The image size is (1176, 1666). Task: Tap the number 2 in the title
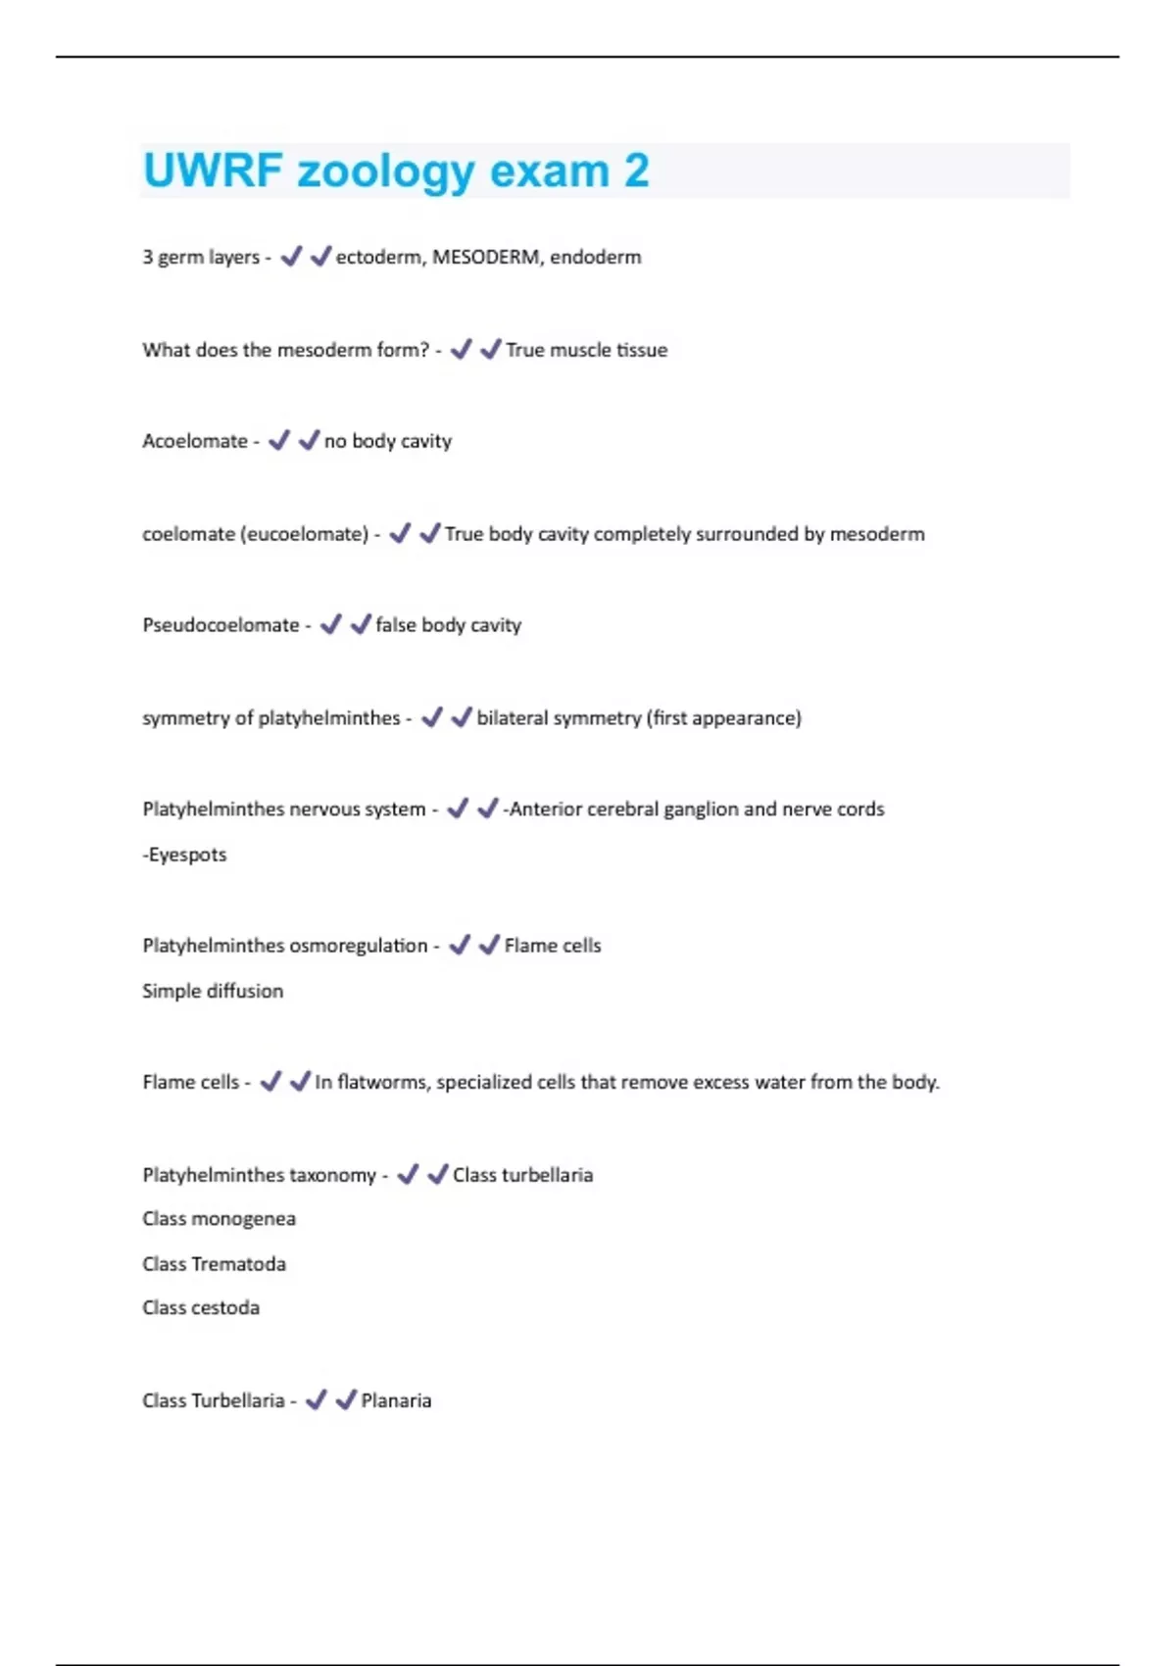tap(636, 171)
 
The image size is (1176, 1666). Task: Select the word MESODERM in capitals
tap(486, 257)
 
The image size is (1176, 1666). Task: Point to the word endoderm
tap(596, 257)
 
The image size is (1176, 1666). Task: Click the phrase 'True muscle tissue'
tap(586, 350)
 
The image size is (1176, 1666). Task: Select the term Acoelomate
tap(195, 441)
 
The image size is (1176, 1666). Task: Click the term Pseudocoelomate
tap(220, 625)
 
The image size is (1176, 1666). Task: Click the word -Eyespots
tap(184, 855)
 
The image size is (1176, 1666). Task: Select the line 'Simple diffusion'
tap(213, 991)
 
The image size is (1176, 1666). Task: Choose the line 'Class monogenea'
tap(219, 1219)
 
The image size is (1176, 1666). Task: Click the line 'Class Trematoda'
tap(214, 1264)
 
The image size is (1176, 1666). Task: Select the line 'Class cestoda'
tap(201, 1308)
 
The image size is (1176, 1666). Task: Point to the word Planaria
tap(396, 1400)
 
